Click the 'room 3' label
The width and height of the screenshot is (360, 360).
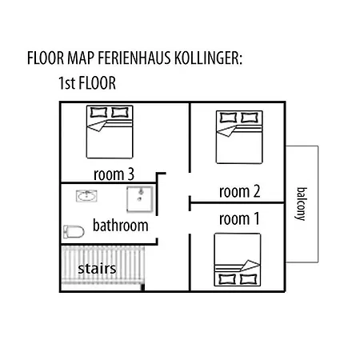pos(113,174)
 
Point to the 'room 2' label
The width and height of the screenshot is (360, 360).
pos(240,191)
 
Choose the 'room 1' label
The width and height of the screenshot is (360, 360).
pos(240,218)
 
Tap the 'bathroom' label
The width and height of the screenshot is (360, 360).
pos(121,225)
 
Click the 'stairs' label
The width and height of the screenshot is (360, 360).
pos(98,269)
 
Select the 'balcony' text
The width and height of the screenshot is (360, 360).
pos(302,205)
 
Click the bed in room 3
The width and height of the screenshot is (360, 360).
pos(108,132)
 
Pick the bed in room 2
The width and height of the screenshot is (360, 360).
pos(238,136)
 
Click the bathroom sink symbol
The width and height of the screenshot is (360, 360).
pos(85,195)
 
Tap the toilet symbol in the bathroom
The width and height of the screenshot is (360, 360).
pos(74,232)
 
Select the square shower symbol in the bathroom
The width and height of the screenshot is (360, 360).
pos(139,198)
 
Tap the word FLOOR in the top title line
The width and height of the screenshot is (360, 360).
pos(47,59)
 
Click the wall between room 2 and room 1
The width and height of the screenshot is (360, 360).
pos(238,203)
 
